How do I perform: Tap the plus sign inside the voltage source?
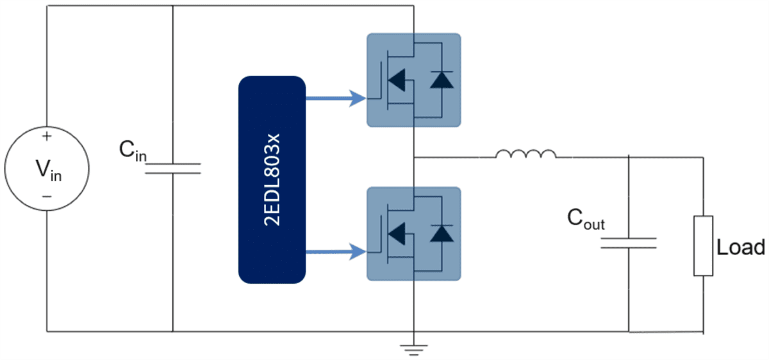click(x=47, y=136)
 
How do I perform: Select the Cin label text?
click(x=133, y=151)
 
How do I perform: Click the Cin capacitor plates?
click(x=173, y=168)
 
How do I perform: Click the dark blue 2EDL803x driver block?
click(x=272, y=179)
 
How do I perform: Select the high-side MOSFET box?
click(x=413, y=80)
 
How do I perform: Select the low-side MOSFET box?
click(x=413, y=234)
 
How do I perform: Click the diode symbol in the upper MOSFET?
click(x=441, y=80)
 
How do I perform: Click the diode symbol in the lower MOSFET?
click(x=441, y=233)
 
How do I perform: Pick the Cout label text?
click(x=586, y=220)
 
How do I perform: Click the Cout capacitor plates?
click(x=629, y=243)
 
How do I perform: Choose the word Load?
click(x=741, y=248)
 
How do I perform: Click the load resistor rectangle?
click(x=703, y=246)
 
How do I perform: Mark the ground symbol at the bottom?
click(x=414, y=348)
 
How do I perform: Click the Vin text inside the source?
click(x=49, y=170)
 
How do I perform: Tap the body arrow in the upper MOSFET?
click(x=397, y=80)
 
